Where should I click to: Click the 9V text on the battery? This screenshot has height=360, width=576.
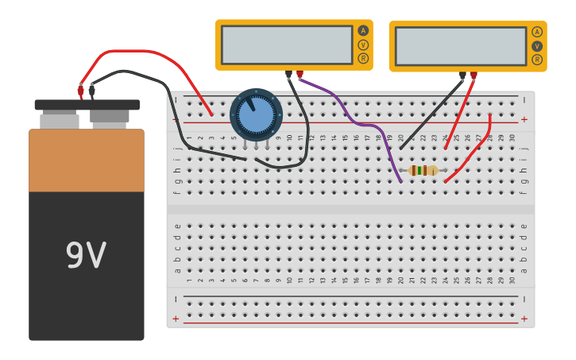coord(86,256)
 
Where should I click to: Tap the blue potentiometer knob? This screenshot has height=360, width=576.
coord(256,115)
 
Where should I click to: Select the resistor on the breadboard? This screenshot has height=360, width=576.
coord(423,170)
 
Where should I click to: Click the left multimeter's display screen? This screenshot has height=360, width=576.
coord(287,45)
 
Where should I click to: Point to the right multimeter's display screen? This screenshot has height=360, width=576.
coord(461,46)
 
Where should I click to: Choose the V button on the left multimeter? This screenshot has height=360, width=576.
coord(363,45)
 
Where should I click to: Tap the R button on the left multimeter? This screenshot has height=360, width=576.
coord(363,58)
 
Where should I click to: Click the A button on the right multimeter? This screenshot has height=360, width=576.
coord(537,32)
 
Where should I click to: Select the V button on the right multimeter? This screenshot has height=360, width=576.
coord(537,46)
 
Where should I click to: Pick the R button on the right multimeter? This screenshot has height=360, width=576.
coord(537,60)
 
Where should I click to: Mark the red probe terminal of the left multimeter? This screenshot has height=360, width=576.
coord(300,75)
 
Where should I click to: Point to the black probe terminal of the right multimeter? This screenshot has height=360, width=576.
coord(462,76)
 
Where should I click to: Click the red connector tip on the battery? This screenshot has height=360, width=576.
coord(80,90)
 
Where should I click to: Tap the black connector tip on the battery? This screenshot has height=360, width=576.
coord(92,90)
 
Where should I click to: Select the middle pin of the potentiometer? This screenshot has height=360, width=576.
coord(256,145)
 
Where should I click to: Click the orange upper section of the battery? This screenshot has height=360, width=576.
coord(87,160)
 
